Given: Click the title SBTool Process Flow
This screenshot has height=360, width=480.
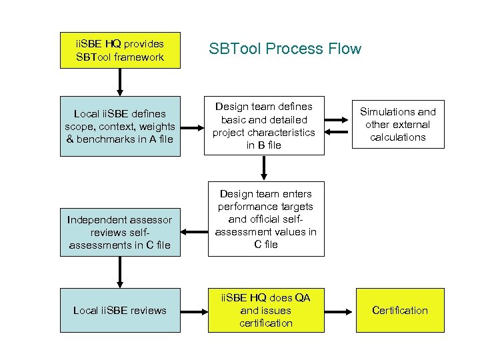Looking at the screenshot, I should click(x=285, y=49).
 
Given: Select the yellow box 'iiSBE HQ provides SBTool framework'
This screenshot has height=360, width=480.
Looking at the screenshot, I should click(x=120, y=50).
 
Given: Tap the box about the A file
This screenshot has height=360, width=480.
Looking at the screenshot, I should click(x=120, y=127).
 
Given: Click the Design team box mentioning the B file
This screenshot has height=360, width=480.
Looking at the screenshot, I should click(x=264, y=126).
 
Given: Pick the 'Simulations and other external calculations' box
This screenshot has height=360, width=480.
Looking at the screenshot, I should click(x=398, y=125).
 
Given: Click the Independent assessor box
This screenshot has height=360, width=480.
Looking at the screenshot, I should click(x=120, y=232).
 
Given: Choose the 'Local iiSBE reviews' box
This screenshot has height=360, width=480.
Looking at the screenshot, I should click(x=120, y=310).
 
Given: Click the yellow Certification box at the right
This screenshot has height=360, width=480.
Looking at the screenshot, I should click(x=399, y=310).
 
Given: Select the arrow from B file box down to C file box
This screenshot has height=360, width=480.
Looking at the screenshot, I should click(x=265, y=168).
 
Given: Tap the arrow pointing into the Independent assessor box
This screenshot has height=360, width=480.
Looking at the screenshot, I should click(x=194, y=233).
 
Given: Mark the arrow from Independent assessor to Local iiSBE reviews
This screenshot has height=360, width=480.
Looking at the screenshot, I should click(x=120, y=272).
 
